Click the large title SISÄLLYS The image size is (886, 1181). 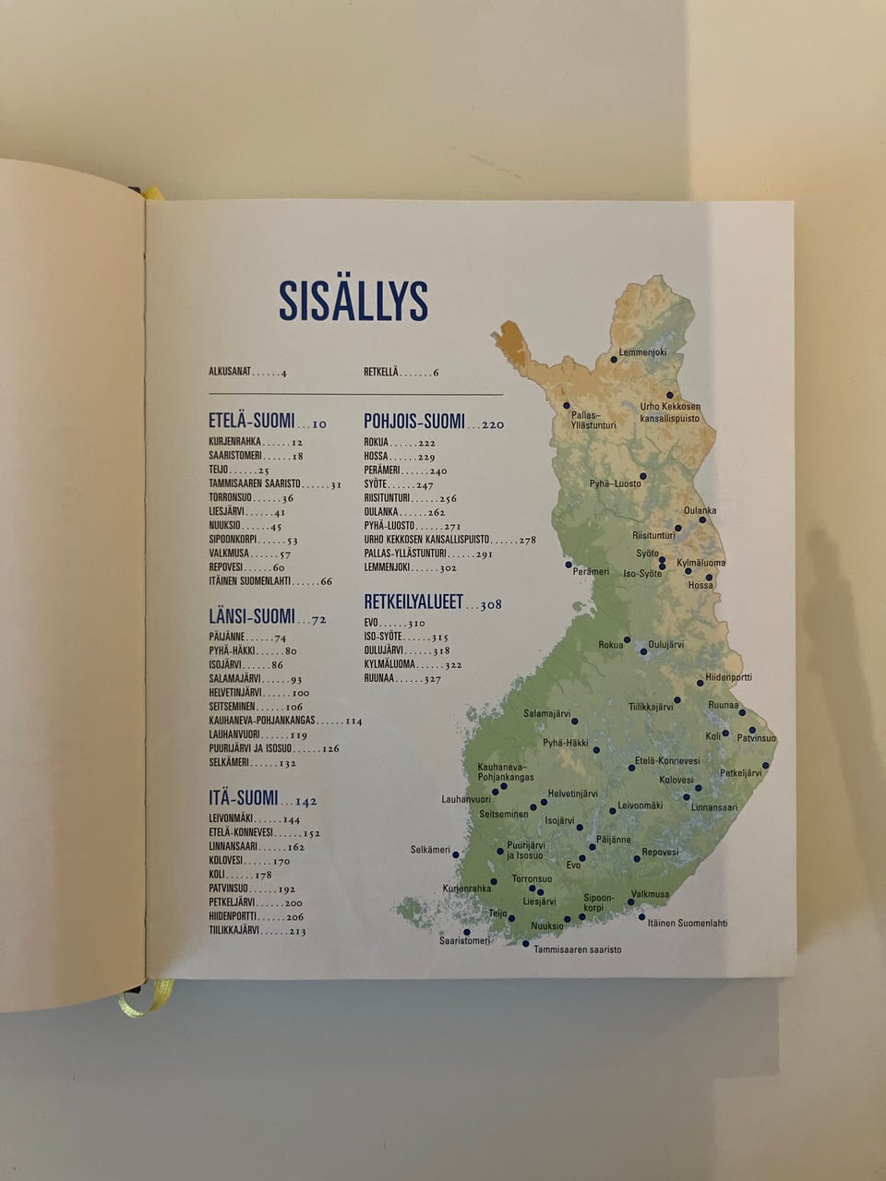click(353, 301)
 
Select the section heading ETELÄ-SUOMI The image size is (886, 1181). click(251, 422)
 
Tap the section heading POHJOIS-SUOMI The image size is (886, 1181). click(414, 422)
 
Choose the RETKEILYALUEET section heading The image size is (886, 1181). click(413, 602)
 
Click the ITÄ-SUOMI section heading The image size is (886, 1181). click(243, 798)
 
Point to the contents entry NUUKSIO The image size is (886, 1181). click(224, 526)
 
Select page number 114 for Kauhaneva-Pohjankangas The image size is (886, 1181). click(353, 721)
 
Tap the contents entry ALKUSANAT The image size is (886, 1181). click(230, 372)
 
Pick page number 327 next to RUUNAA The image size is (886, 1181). click(432, 679)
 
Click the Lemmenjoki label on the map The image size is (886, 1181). click(642, 352)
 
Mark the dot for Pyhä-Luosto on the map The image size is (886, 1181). click(643, 476)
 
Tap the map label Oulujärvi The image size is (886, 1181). click(665, 645)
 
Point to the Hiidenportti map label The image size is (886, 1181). click(728, 677)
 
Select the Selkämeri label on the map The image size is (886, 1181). click(430, 850)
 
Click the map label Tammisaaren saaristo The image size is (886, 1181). click(577, 948)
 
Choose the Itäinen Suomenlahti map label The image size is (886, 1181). click(688, 923)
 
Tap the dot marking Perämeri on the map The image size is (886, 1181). click(569, 564)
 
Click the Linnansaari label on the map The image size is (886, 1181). click(714, 807)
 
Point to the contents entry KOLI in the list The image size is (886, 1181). click(217, 875)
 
